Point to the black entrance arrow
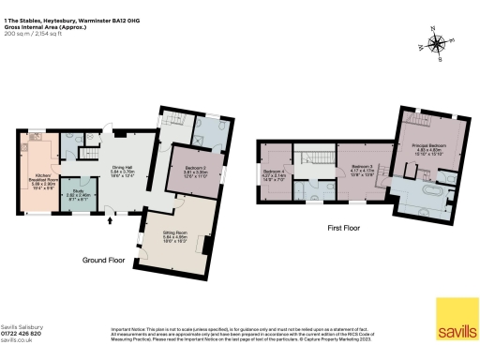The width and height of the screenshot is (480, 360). click(113, 222)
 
